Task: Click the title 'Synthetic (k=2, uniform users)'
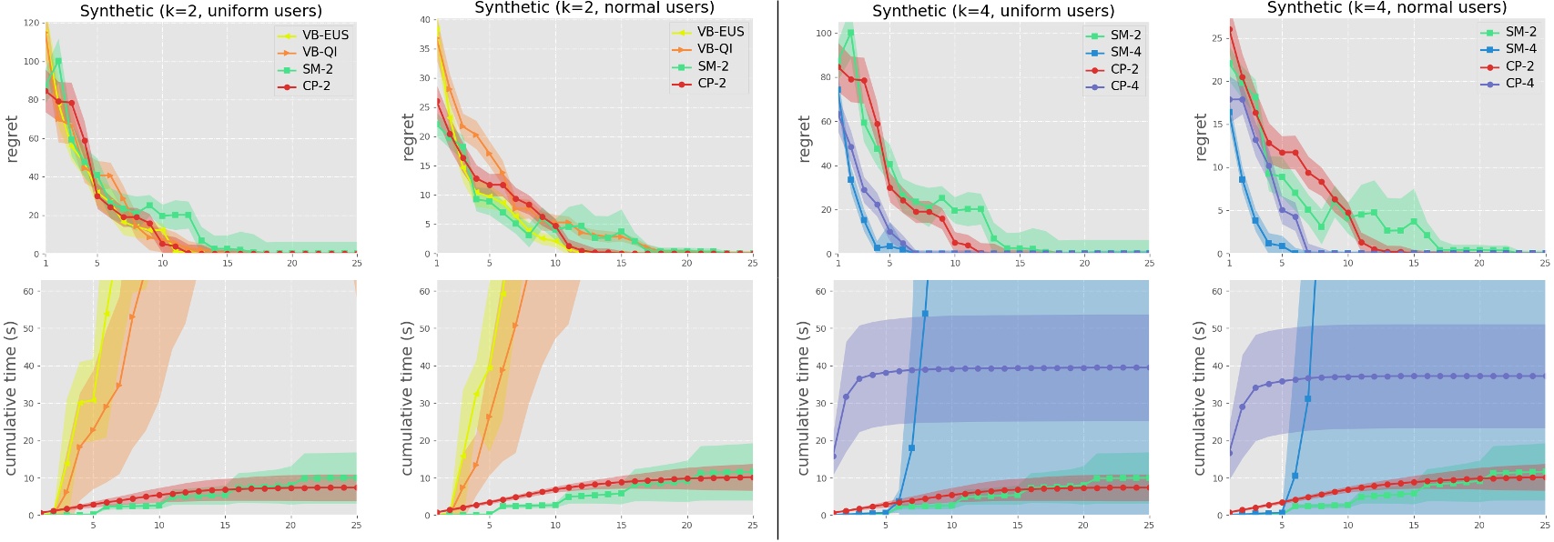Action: pyautogui.click(x=200, y=11)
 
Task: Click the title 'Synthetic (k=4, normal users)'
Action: pyautogui.click(x=1386, y=8)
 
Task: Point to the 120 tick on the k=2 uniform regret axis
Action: pyautogui.click(x=32, y=23)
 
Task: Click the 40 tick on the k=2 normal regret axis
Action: pyautogui.click(x=424, y=19)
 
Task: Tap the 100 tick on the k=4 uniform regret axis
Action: pyautogui.click(x=824, y=33)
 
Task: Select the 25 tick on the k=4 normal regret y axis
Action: pyautogui.click(x=1216, y=38)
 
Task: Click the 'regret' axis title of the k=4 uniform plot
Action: pyautogui.click(x=804, y=138)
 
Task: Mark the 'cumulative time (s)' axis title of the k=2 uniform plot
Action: pyautogui.click(x=11, y=397)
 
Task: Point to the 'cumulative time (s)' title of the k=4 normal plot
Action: pyautogui.click(x=1200, y=397)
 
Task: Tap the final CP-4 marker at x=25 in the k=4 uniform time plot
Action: pyautogui.click(x=1148, y=367)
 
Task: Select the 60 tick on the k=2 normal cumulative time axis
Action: pyautogui.click(x=424, y=291)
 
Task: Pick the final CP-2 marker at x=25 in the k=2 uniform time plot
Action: pyautogui.click(x=356, y=487)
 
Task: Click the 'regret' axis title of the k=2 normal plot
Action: pyautogui.click(x=408, y=138)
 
